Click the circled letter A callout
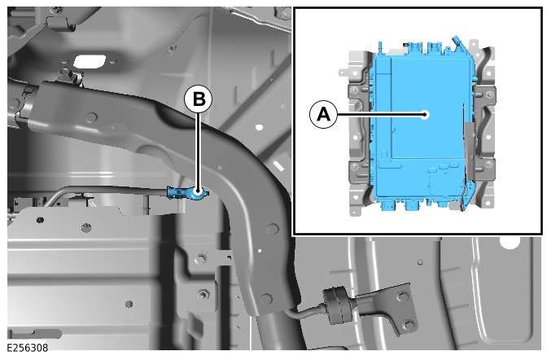pos(323,114)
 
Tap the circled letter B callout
pos(199,99)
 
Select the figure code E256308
pos(28,348)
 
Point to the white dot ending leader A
pos(425,114)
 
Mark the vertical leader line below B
pos(199,151)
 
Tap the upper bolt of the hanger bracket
pos(404,296)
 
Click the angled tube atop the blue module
pos(457,43)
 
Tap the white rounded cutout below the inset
pos(510,243)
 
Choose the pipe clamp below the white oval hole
pos(72,78)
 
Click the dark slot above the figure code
pos(34,334)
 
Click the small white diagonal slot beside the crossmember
pos(278,166)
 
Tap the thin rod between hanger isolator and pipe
pos(305,312)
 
